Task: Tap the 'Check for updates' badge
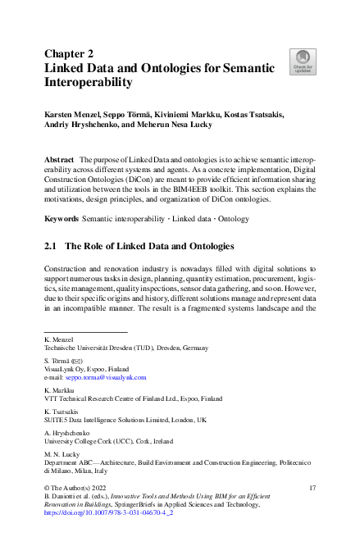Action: point(303,59)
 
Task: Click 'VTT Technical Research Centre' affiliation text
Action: point(92,398)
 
